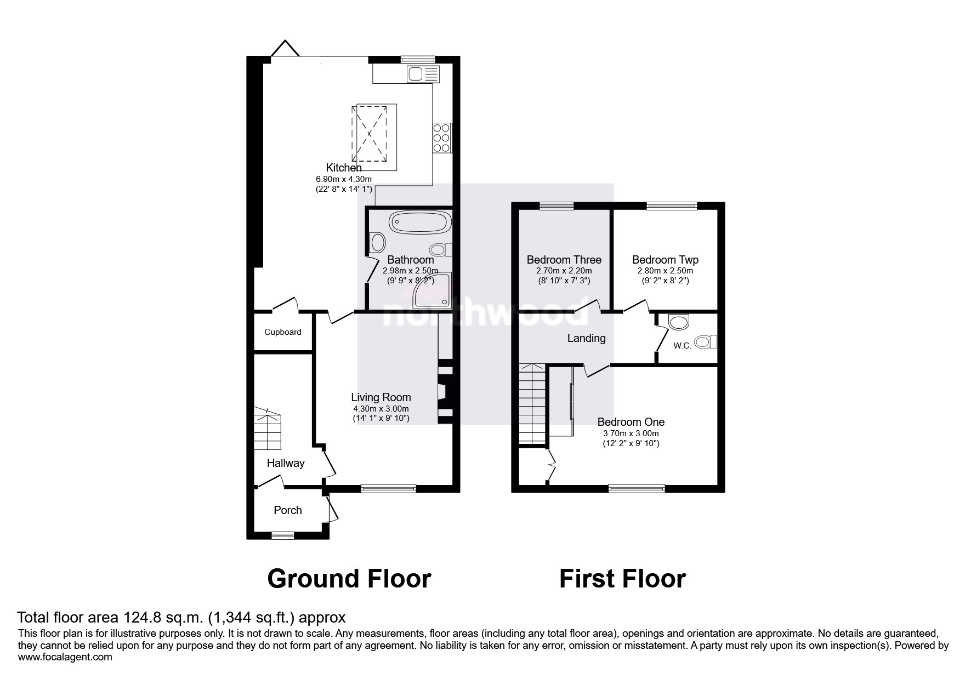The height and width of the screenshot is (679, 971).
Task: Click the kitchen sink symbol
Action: [x=423, y=74]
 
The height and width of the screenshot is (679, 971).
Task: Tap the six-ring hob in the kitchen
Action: [x=442, y=138]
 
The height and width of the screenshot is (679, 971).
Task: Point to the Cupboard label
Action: [x=283, y=332]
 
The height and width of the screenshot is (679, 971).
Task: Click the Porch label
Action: [x=288, y=510]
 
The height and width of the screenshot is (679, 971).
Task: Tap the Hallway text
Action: [x=286, y=463]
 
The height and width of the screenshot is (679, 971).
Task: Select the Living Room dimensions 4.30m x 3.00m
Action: [x=381, y=409]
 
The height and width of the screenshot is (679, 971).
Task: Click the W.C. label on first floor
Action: [x=682, y=346]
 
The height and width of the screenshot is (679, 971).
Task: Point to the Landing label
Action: [x=586, y=338]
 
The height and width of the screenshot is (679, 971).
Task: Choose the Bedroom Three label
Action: [x=564, y=260]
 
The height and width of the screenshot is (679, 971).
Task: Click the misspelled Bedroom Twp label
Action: [x=665, y=260]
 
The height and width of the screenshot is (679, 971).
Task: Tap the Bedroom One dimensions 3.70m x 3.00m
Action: [x=631, y=433]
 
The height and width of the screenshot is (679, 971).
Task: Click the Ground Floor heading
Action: [x=349, y=579]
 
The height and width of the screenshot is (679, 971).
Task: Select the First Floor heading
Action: [x=622, y=579]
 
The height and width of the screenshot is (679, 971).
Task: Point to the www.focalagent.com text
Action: [x=65, y=657]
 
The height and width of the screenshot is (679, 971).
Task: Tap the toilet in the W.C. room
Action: [x=706, y=343]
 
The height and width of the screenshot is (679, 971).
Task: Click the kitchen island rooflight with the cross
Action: [x=370, y=133]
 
